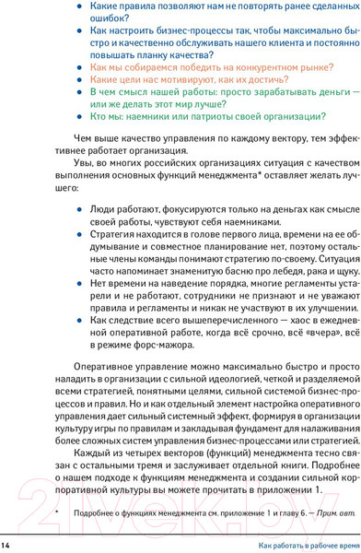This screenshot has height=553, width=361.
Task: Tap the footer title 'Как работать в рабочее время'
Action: [294, 546]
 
